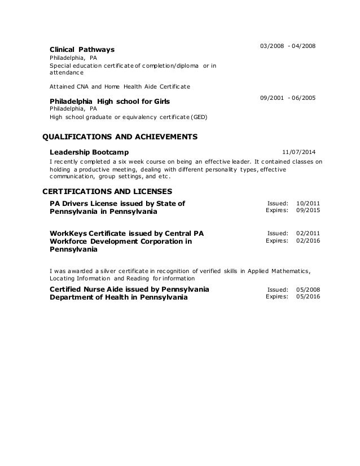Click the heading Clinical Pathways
pos(82,49)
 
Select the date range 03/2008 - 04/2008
pos(287,45)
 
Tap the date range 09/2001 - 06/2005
pos(287,98)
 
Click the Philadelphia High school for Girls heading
pos(110,101)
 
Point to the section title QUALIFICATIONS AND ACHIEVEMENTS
pos(120,137)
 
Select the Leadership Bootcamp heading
pos(89,152)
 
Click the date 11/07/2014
pos(300,152)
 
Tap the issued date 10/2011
pos(308,203)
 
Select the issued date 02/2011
pos(308,232)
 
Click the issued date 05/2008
pos(308,289)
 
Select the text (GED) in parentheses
pos(197,117)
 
